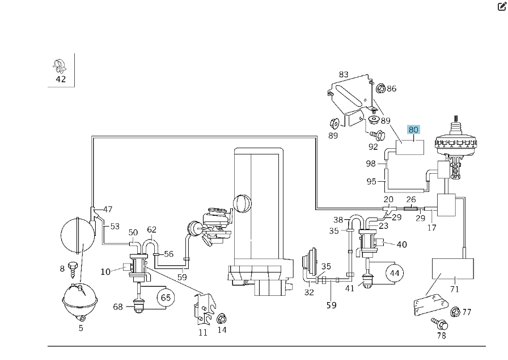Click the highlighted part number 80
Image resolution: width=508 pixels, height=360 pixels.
coord(413,129)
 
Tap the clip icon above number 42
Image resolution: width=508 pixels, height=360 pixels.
coord(60,65)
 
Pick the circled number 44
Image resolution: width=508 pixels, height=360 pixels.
coord(393,273)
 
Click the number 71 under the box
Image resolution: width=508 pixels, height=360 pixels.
coord(454,289)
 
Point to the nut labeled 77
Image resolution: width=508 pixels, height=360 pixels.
coord(455,311)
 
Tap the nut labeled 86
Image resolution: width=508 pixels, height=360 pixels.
coord(380,88)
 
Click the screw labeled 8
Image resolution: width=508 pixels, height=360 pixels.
coord(73,267)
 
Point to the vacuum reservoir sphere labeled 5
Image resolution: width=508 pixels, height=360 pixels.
coord(80,299)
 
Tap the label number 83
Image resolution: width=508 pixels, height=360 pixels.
coord(344,74)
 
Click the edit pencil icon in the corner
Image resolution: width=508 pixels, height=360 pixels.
coord(502,7)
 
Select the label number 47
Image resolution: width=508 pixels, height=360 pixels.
coord(107,209)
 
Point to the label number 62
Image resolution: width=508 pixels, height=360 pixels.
coord(151,230)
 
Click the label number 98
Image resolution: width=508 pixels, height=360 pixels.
coord(371,164)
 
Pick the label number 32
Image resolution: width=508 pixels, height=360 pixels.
coord(308,292)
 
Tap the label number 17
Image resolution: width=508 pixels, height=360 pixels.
coord(431,228)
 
